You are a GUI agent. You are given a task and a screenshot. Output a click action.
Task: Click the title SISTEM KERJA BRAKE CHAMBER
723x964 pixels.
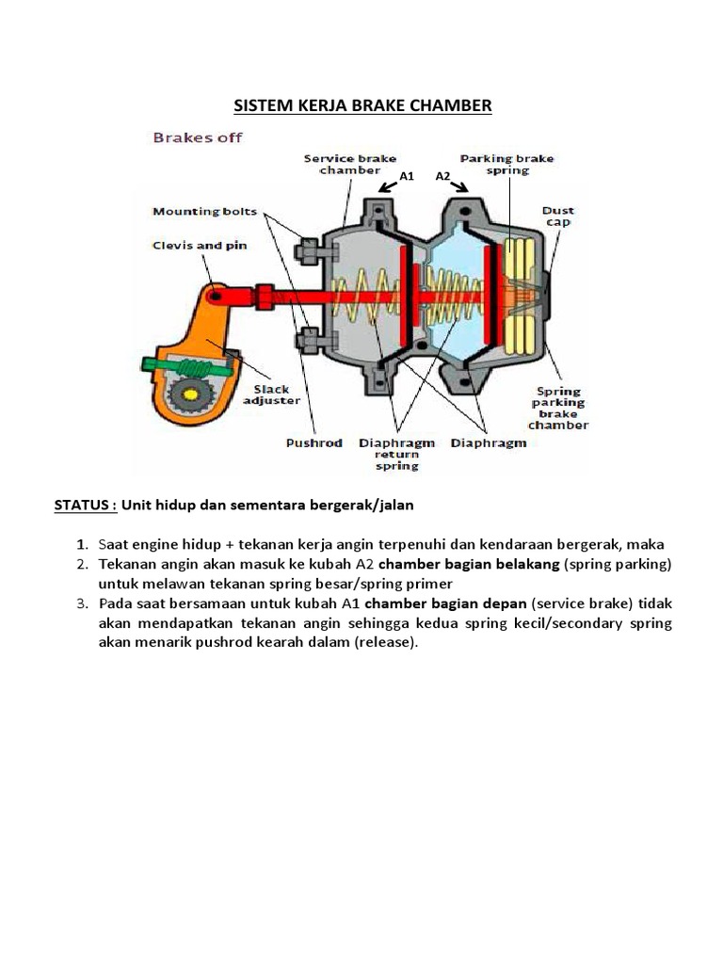pyautogui.click(x=361, y=105)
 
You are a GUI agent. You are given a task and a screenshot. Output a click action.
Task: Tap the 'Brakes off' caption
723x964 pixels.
pyautogui.click(x=198, y=137)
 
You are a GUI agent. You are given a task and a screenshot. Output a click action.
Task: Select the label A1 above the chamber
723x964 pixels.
pyautogui.click(x=407, y=176)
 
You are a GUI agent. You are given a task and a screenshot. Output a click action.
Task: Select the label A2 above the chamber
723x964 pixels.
pyautogui.click(x=443, y=176)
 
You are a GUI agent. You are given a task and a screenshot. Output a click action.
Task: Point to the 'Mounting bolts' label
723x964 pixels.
pyautogui.click(x=205, y=211)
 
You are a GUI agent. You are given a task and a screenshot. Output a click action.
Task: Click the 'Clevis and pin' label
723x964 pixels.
pyautogui.click(x=201, y=245)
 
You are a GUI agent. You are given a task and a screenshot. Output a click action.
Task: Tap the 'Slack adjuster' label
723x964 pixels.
pyautogui.click(x=271, y=394)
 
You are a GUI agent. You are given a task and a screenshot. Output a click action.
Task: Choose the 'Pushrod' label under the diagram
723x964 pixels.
pyautogui.click(x=314, y=442)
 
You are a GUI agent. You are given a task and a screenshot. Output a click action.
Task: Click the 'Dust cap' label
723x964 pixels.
pyautogui.click(x=558, y=217)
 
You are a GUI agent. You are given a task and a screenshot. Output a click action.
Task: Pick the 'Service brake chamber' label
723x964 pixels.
pyautogui.click(x=350, y=165)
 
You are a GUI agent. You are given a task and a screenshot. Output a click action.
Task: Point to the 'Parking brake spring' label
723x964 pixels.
pyautogui.click(x=506, y=165)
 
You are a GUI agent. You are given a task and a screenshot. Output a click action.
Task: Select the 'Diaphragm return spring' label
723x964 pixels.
pyautogui.click(x=396, y=454)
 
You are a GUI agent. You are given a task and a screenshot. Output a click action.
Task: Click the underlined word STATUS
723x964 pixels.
pyautogui.click(x=84, y=505)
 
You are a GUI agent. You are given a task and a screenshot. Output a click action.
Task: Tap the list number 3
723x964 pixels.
pyautogui.click(x=83, y=602)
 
